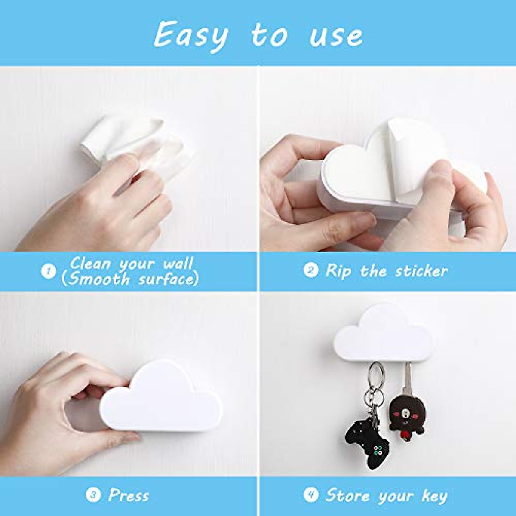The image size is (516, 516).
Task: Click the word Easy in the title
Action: (x=191, y=36)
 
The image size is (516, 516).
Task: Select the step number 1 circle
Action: (x=48, y=271)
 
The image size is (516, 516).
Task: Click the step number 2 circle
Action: (x=310, y=270)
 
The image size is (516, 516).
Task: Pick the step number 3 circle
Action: (x=92, y=495)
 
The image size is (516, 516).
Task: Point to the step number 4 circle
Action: (x=310, y=495)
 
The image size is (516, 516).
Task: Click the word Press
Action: (x=129, y=495)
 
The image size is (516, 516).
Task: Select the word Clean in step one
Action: (x=90, y=263)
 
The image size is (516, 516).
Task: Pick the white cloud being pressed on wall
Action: (x=161, y=398)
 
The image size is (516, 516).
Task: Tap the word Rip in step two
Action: (x=338, y=271)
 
